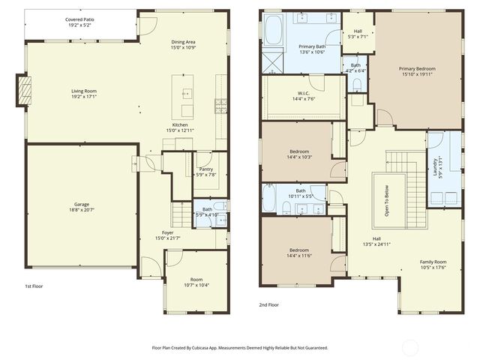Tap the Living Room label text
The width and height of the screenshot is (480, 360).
83,94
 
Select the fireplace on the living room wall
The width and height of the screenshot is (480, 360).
25,91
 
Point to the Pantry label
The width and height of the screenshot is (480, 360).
205,172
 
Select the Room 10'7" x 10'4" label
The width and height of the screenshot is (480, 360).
196,282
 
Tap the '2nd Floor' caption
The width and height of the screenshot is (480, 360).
269,305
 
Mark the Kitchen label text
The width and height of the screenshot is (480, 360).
180,127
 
